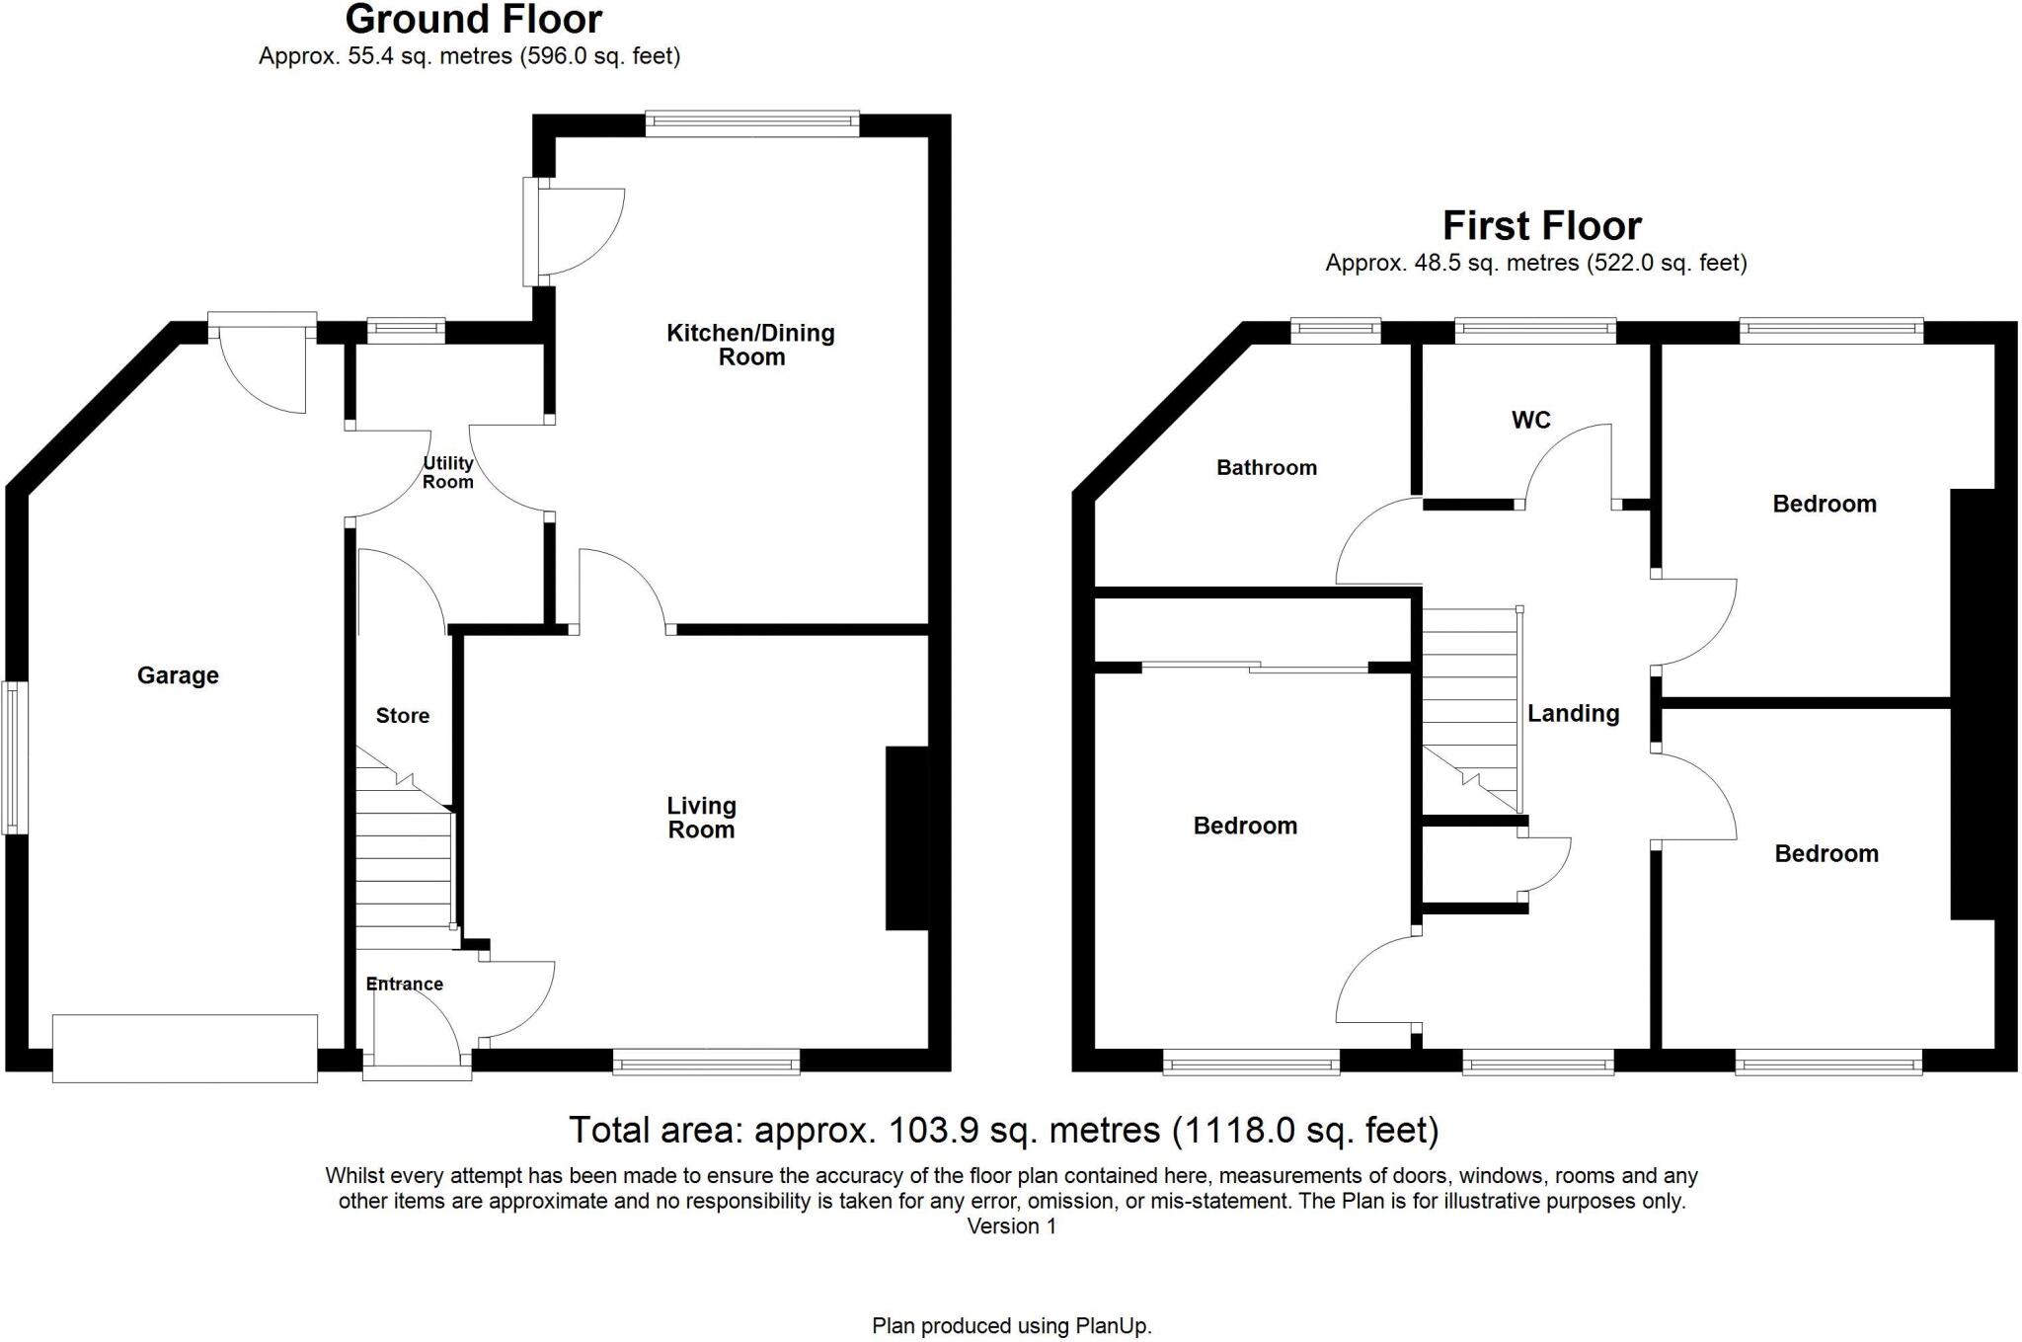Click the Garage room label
[178, 675]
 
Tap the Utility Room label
[448, 472]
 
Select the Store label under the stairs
[403, 716]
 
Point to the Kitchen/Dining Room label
[750, 345]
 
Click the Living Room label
[701, 818]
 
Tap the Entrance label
[404, 984]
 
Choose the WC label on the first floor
[1530, 421]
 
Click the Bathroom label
[1267, 468]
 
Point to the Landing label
[1573, 713]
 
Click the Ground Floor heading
[474, 20]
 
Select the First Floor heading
[1541, 226]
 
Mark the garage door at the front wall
[185, 1048]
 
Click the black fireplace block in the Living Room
[907, 837]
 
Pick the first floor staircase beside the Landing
[1469, 706]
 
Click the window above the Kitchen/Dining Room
[752, 123]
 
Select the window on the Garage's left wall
[13, 756]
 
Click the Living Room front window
[706, 1063]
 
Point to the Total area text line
[1003, 1130]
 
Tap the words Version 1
[1011, 1226]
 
